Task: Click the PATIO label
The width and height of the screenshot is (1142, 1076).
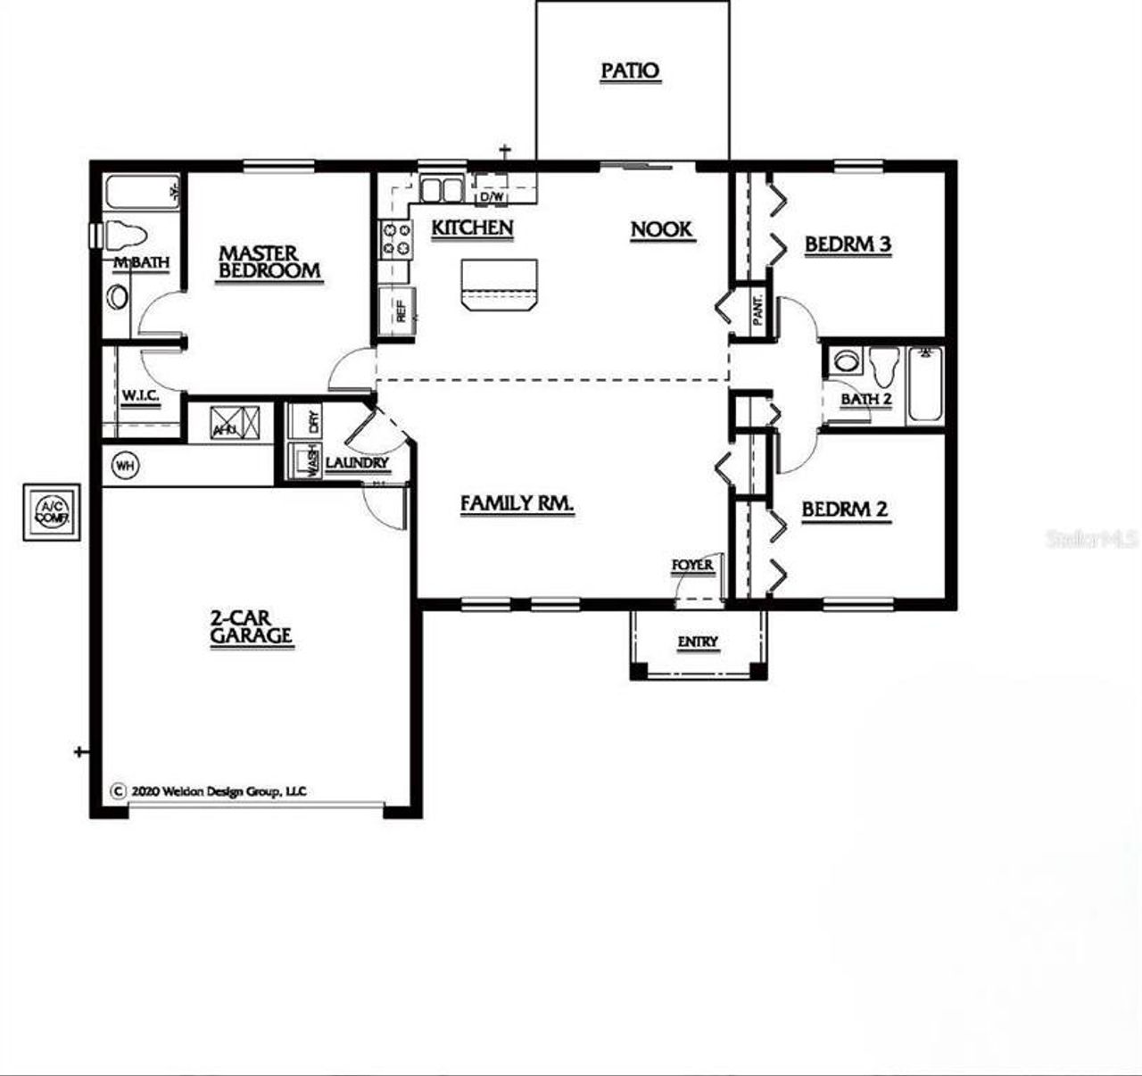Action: click(630, 70)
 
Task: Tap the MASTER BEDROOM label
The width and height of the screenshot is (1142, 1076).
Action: click(269, 263)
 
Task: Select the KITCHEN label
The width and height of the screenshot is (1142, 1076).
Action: click(472, 228)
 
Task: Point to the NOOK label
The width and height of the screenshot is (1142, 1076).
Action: click(661, 230)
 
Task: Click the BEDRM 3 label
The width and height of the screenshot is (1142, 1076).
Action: click(847, 244)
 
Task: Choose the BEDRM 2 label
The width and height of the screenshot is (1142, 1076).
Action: click(844, 509)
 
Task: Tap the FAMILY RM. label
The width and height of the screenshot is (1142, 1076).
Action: click(517, 504)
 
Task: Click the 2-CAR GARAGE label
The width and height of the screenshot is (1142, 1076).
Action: click(252, 627)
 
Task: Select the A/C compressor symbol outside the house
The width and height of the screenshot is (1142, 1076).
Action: click(52, 512)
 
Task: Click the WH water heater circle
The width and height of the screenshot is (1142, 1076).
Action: click(126, 466)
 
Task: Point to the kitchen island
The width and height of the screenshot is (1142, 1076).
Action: click(499, 284)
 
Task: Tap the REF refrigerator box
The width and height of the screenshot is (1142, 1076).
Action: click(398, 310)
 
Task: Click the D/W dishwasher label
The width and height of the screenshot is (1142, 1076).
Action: click(492, 195)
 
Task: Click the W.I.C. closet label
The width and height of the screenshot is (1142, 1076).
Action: click(140, 395)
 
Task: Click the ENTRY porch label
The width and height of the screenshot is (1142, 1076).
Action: click(697, 641)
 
